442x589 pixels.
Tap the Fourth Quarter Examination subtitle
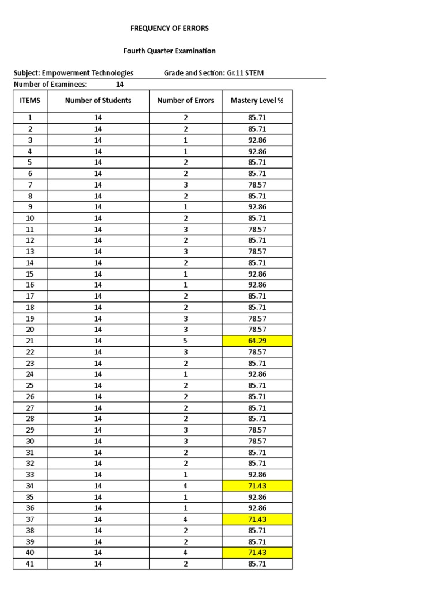coord(170,51)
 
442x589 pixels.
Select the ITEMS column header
coord(30,100)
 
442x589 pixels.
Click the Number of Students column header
coord(98,100)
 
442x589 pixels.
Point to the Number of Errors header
coord(185,100)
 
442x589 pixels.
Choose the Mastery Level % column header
coord(257,100)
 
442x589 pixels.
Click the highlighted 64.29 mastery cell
coord(257,341)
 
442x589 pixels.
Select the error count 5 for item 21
coord(185,341)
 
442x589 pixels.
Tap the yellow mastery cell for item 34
coord(257,485)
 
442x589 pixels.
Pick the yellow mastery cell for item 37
coord(257,519)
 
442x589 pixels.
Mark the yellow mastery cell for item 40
coord(257,553)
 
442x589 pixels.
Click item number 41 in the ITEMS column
coord(30,564)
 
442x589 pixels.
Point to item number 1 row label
coord(30,117)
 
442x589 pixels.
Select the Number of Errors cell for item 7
coord(185,185)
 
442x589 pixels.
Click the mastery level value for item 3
coord(257,140)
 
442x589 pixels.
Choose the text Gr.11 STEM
coord(246,73)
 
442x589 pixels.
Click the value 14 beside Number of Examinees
coord(120,84)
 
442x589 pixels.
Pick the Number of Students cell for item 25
coord(98,385)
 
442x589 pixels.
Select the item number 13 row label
coord(30,251)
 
